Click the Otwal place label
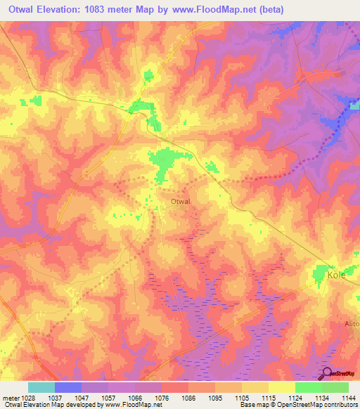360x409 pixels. point(181,202)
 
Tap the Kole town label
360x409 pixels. point(337,275)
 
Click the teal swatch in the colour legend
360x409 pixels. point(41,387)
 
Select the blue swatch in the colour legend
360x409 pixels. point(67,387)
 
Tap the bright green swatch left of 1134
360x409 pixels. point(308,387)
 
